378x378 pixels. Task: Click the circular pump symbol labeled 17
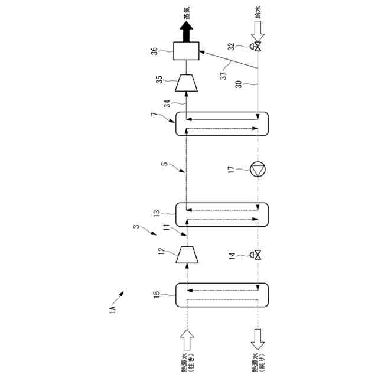(258, 170)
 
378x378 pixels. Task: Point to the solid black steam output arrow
(186, 29)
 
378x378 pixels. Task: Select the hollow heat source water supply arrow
(186, 340)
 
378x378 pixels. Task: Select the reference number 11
(167, 228)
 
